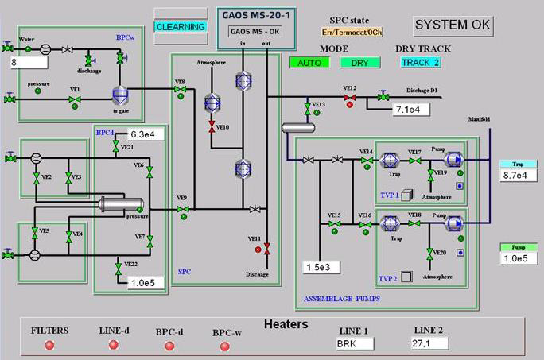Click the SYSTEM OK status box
pyautogui.click(x=453, y=25)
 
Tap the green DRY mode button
pyautogui.click(x=359, y=62)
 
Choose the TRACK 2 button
pyautogui.click(x=420, y=62)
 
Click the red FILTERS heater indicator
pyautogui.click(x=49, y=345)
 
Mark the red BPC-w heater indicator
pyautogui.click(x=224, y=346)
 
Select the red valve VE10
pyautogui.click(x=212, y=127)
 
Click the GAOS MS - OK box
pyautogui.click(x=251, y=31)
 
